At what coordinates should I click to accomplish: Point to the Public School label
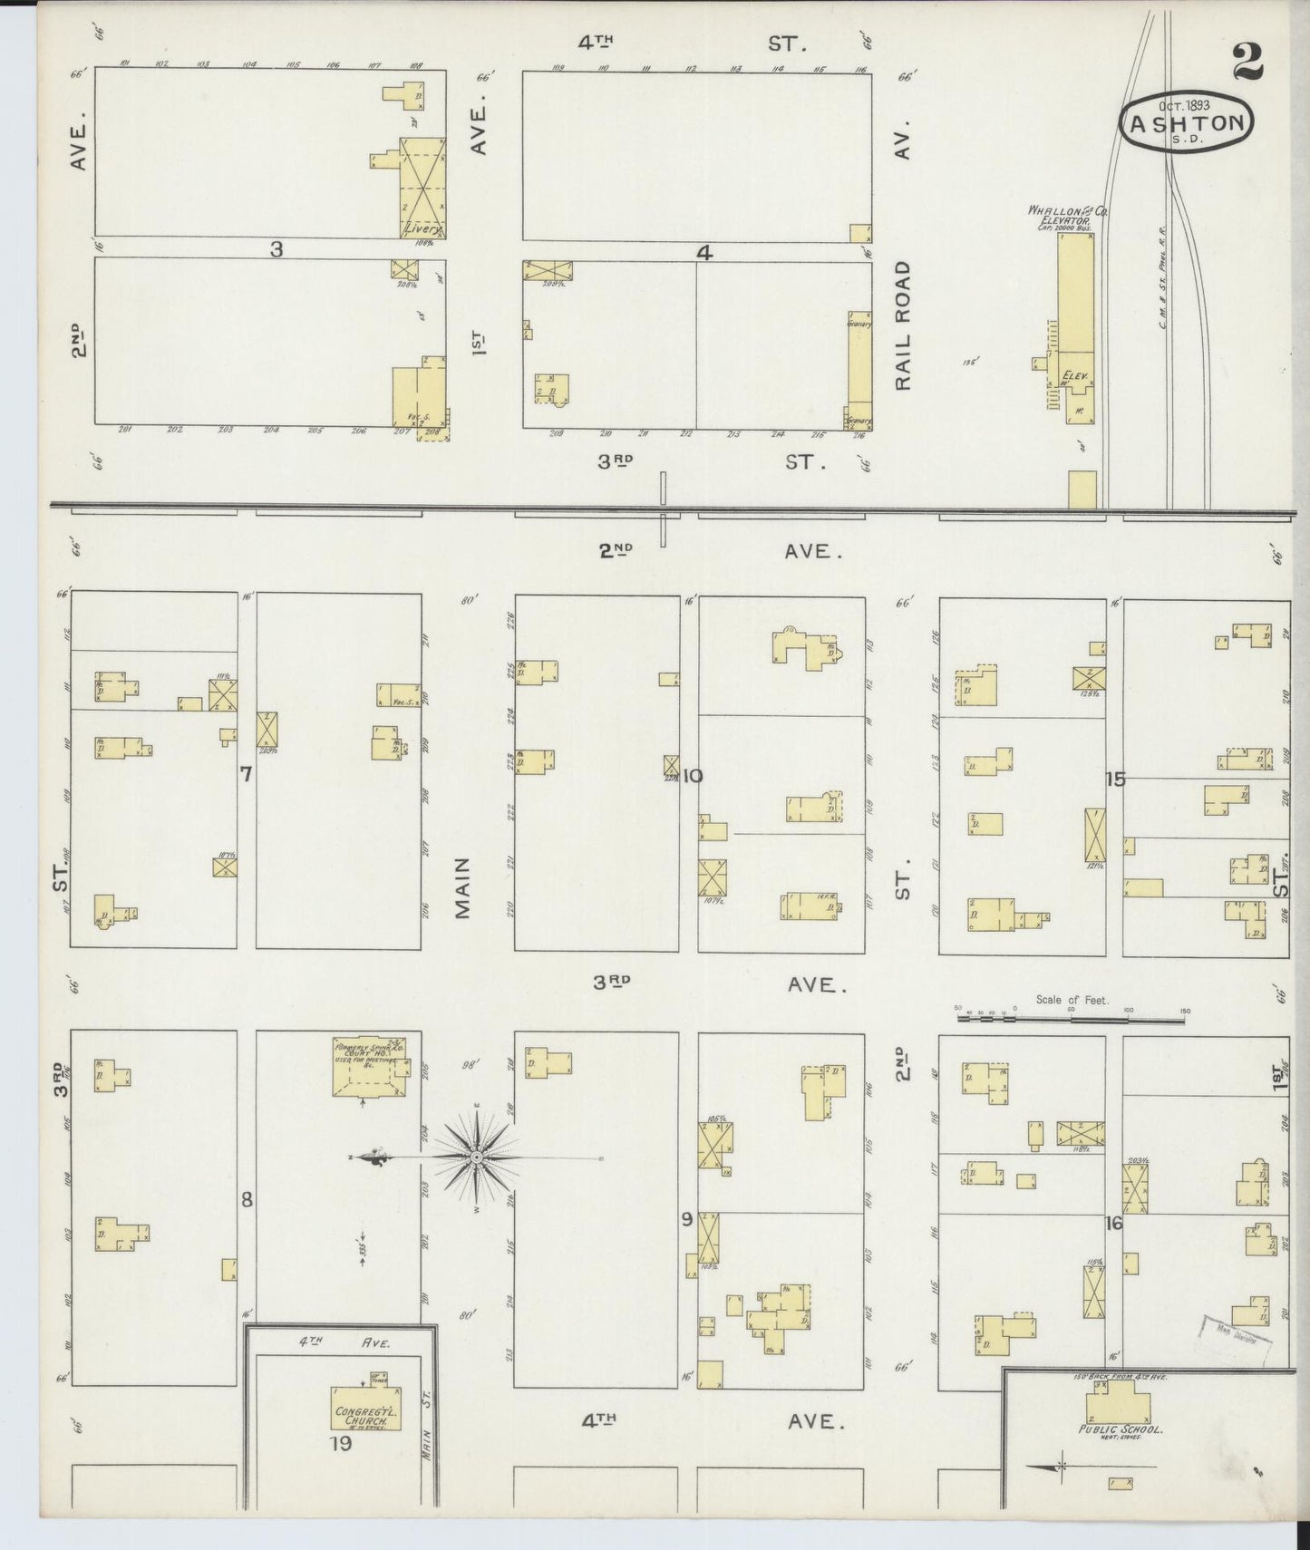click(x=1120, y=1429)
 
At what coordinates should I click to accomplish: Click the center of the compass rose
click(x=476, y=1158)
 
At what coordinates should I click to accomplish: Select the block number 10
click(x=694, y=776)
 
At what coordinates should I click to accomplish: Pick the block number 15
click(x=1115, y=779)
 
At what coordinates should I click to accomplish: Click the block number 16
click(x=1113, y=1223)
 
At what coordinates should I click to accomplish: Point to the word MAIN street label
click(x=464, y=889)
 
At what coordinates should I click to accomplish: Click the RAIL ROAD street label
click(x=903, y=326)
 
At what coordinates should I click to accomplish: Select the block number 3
click(x=277, y=249)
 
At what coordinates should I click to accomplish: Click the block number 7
click(x=245, y=774)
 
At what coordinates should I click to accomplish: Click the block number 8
click(x=246, y=1199)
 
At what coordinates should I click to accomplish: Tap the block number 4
click(x=704, y=255)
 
